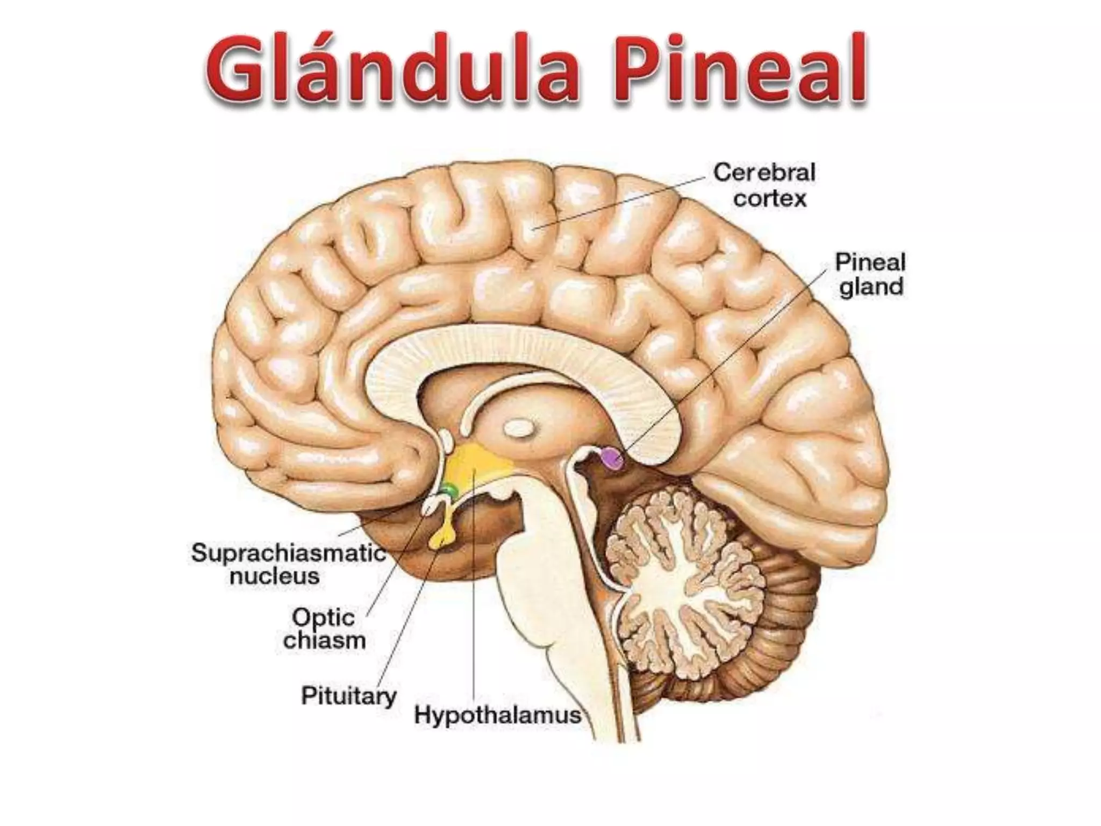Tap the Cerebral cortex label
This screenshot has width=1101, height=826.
point(764,186)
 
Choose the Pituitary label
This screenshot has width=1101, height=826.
point(348,696)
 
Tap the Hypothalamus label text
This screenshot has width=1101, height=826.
point(498,716)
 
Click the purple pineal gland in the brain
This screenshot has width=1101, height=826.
point(612,458)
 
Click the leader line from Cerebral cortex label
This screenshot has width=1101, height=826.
point(618,202)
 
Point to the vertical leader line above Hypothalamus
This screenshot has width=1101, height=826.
point(474,592)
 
